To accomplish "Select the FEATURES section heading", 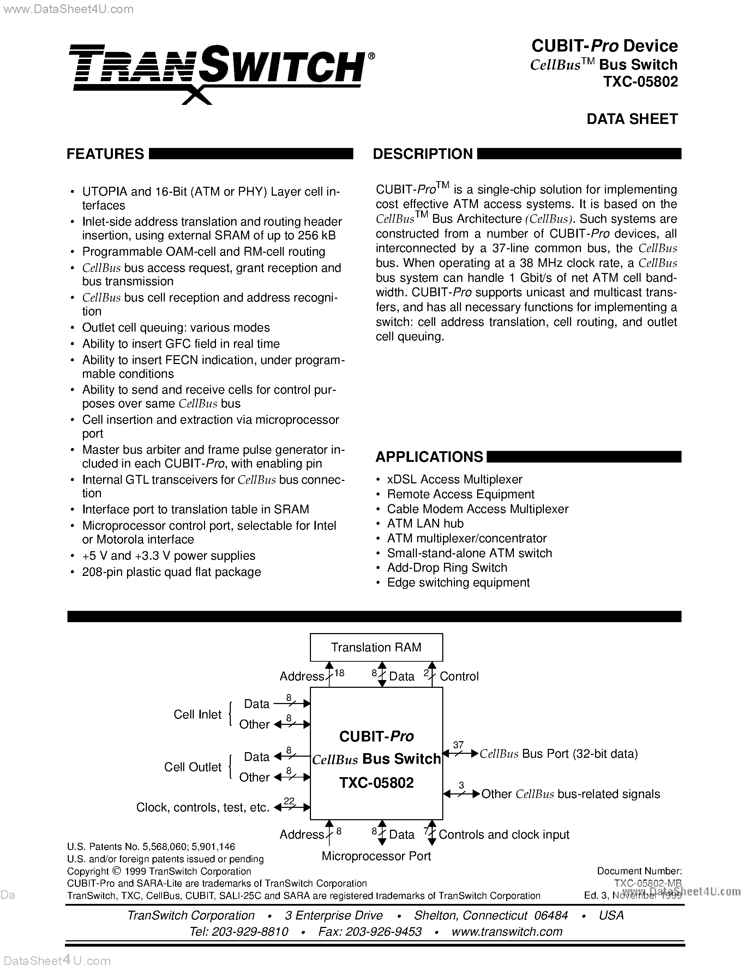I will tap(105, 154).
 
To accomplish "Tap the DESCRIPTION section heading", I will tap(422, 154).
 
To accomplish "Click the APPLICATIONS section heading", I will tap(429, 457).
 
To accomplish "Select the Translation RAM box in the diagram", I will tap(376, 647).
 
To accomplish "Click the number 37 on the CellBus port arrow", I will tap(458, 745).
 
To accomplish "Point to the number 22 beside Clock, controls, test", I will tap(289, 801).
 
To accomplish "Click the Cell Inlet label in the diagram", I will tap(197, 714).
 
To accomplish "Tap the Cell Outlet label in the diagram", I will tap(192, 767).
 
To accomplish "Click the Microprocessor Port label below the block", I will tap(376, 856).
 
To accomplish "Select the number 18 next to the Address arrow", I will tap(339, 673).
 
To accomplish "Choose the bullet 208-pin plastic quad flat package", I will tap(171, 572).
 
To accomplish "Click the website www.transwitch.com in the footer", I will tap(506, 931).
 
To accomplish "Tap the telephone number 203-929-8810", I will tap(251, 931).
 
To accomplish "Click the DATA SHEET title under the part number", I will tap(632, 119).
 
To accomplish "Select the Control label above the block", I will tap(459, 676).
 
